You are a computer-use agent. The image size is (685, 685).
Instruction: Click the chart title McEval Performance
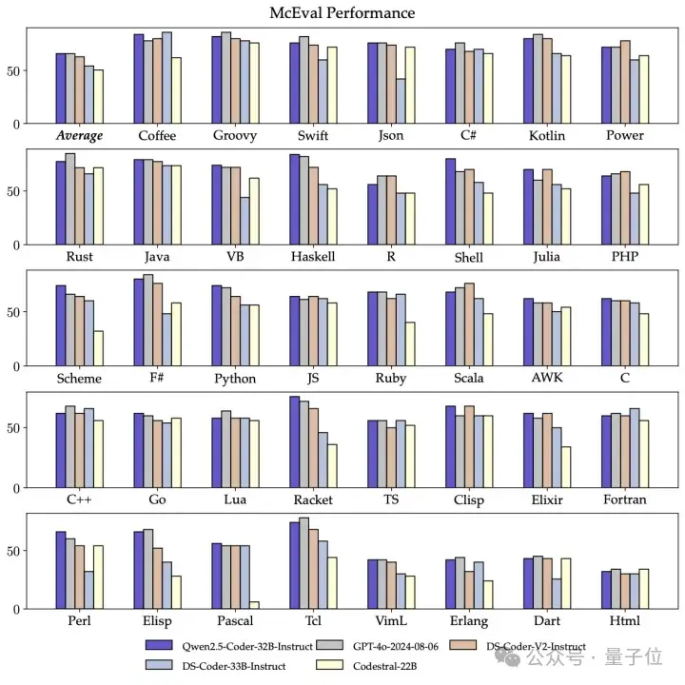coord(342,13)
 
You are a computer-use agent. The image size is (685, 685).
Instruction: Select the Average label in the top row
coord(79,135)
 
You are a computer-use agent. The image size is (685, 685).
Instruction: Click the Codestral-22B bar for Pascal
coord(254,605)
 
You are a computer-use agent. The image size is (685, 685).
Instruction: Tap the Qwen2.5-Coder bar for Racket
coord(295,442)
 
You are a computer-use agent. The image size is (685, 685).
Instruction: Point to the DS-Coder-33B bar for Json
coord(401,101)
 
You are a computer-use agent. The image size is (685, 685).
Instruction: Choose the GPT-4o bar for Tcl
coord(304,563)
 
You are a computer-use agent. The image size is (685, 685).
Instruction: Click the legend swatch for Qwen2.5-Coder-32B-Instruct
coord(153,646)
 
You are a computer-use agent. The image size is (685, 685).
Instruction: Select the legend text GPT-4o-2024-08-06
coord(393,646)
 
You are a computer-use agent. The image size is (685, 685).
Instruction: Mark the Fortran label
coord(624,499)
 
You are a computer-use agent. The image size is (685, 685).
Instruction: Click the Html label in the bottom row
coord(625,620)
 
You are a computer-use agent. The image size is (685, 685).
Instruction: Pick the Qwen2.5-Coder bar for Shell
coord(450,202)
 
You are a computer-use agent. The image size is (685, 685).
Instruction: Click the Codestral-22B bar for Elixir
coord(566,467)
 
